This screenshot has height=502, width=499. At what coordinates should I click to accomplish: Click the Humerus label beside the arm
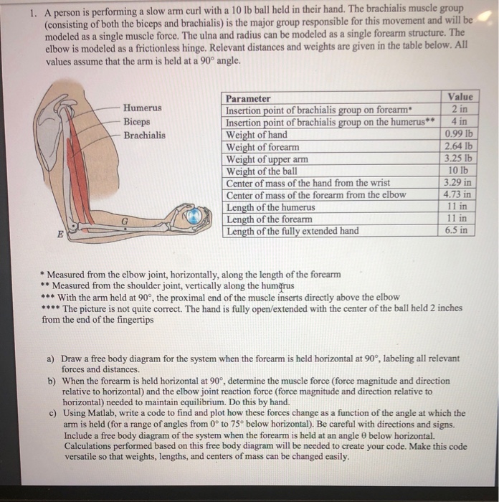click(143, 108)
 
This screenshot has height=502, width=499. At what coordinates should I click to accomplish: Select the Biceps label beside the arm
click(137, 121)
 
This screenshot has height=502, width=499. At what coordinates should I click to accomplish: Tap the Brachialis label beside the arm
click(144, 135)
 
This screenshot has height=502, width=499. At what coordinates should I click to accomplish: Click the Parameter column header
click(248, 98)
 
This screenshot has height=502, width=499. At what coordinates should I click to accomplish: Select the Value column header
click(460, 97)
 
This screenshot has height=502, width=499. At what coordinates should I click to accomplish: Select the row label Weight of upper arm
click(267, 159)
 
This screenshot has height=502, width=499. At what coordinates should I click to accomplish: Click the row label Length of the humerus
click(270, 207)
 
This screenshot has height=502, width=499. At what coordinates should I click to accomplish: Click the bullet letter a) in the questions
click(51, 358)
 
